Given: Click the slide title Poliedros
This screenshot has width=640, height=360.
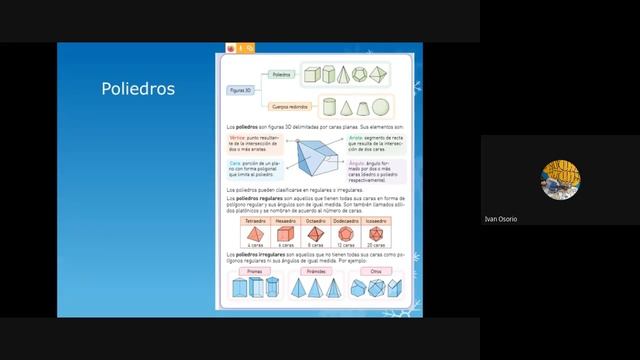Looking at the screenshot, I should point(138,89).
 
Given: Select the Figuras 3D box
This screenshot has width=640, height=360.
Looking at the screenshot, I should point(241,90).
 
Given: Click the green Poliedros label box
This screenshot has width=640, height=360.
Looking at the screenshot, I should point(281,74).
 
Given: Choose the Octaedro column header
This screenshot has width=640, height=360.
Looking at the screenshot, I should point(316,222).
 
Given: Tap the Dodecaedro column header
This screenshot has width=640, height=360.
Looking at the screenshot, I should point(346,222).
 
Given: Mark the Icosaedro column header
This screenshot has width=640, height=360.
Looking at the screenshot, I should point(377,222).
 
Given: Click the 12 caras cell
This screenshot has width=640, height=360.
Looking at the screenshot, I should point(346,245).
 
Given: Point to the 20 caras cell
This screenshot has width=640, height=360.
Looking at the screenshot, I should point(377,245).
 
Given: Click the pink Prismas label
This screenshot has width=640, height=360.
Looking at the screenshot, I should point(254,270).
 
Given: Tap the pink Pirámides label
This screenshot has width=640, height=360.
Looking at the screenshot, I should point(316,270).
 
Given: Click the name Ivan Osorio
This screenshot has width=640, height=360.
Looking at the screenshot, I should point(500,219).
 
